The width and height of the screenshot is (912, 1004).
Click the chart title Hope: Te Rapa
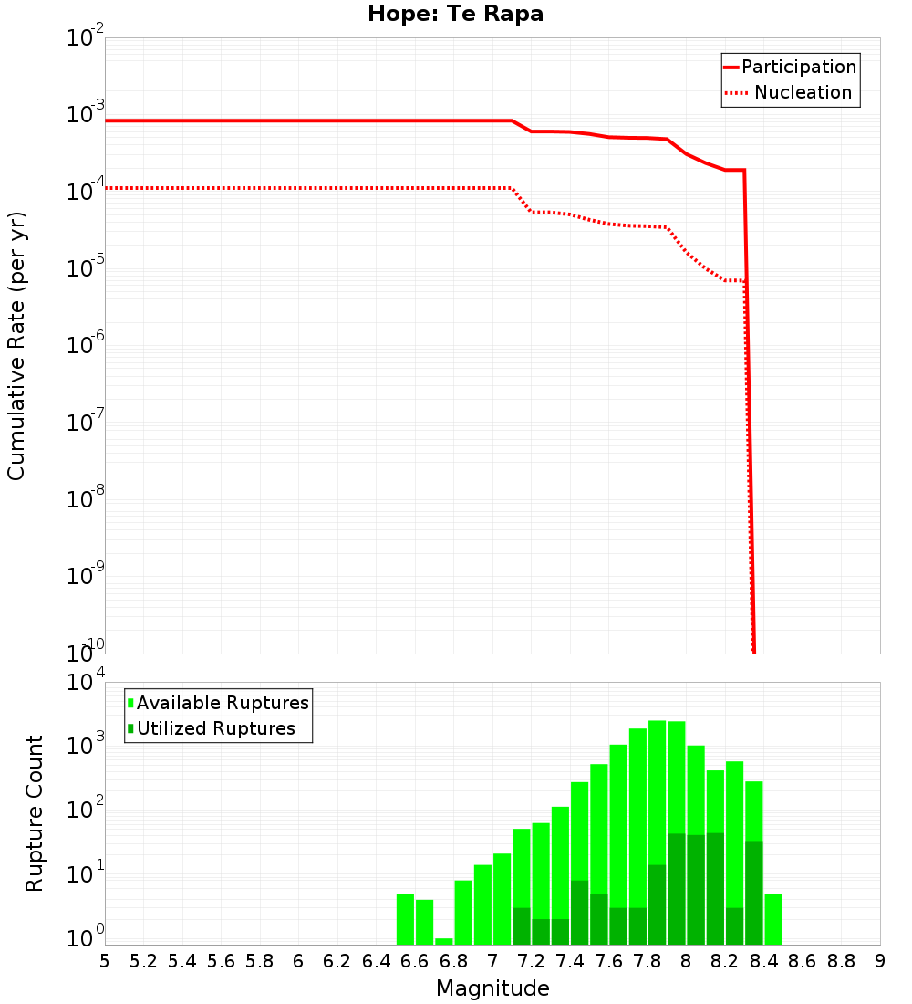[455, 15]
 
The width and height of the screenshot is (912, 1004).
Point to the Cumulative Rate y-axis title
[16, 346]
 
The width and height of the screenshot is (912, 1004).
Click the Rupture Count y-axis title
[35, 812]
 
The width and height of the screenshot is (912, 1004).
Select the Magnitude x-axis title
[492, 988]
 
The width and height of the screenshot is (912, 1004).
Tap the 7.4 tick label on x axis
[570, 961]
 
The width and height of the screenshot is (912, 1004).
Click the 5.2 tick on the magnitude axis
[143, 961]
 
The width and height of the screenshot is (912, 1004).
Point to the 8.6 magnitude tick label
[803, 961]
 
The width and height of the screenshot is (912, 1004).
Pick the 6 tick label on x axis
[298, 961]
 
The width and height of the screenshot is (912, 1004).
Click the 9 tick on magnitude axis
[880, 961]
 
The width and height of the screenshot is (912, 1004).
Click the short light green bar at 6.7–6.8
[444, 941]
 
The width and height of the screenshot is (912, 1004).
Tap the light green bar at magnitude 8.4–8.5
[773, 919]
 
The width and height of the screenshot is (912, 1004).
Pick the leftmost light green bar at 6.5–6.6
[406, 919]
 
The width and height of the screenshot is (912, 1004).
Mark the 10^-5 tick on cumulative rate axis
[87, 270]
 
